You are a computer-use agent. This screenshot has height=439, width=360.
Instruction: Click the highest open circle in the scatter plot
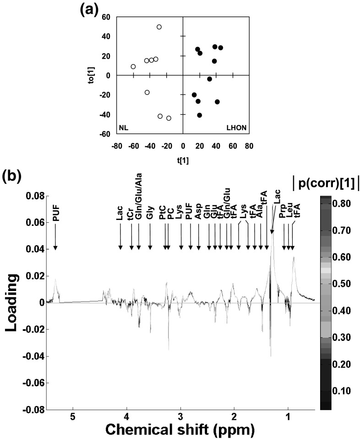point(159,27)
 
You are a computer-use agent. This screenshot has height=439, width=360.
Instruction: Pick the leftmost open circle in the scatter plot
point(133,66)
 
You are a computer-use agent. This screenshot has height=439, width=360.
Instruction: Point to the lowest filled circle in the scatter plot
point(200,115)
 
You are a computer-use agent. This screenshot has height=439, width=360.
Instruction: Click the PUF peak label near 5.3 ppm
point(55,214)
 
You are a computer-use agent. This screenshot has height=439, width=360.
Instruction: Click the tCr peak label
point(131,215)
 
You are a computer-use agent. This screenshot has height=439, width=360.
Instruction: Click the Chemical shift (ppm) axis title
point(180,429)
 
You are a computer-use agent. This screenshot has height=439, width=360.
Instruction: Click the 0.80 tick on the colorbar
point(343,203)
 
